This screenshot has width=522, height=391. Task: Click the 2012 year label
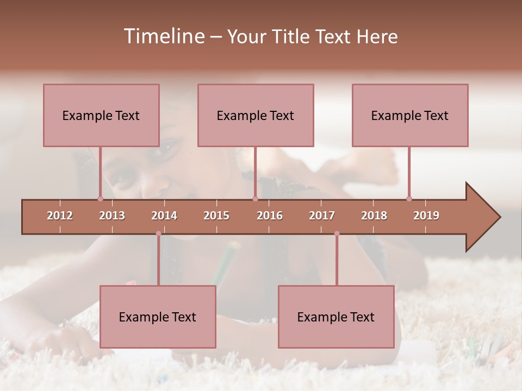coord(60,216)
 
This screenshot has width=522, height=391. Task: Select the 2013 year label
coord(112,216)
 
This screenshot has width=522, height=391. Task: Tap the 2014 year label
coord(164,216)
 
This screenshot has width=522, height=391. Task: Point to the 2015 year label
coord(216,216)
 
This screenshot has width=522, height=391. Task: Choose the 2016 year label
coord(270,216)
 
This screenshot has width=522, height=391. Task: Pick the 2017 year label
coord(322,216)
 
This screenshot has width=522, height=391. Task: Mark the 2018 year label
coord(374,216)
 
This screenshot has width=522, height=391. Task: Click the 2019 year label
coord(426,216)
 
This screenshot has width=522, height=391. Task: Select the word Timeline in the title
coord(164,36)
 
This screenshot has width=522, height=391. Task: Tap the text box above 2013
coord(101,115)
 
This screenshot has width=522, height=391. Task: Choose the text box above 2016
coord(256,115)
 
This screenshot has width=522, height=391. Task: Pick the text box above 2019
coord(410,115)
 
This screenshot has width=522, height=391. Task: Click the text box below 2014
coord(158,317)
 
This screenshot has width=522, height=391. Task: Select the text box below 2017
coord(336,317)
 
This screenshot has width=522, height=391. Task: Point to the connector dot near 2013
coord(100,199)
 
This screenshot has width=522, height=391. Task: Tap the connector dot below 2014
coord(158,234)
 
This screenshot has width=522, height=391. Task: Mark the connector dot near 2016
coord(255,199)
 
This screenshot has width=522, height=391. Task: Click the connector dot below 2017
coord(337,234)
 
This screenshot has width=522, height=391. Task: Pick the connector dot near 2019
coord(409,199)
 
